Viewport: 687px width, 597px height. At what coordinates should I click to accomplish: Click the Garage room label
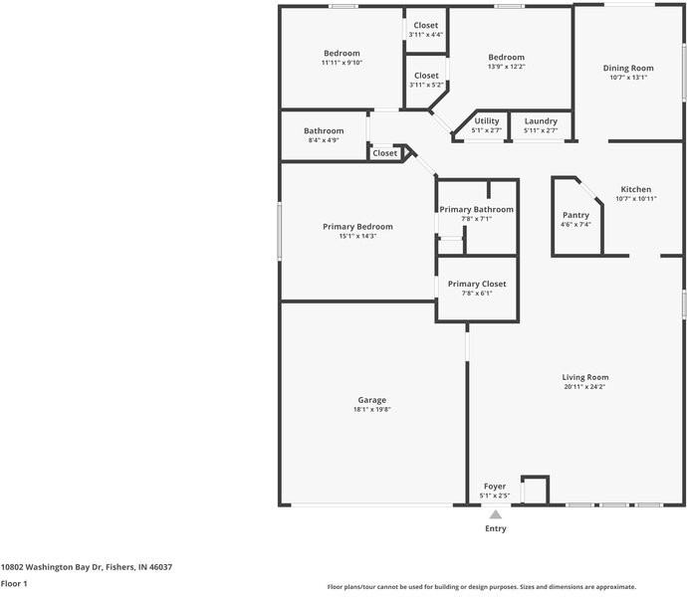point(372,400)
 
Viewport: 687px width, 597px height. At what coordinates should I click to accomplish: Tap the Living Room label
point(585,377)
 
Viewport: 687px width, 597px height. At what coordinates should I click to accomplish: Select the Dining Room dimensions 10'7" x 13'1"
point(628,78)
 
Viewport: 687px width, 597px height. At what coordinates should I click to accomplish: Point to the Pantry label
point(575,215)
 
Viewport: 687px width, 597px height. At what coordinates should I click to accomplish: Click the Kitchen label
point(636,189)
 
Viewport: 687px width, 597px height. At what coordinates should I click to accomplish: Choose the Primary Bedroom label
point(357,227)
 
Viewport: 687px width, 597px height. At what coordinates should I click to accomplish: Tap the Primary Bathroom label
point(476,209)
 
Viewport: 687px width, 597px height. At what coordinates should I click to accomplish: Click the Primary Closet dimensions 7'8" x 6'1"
point(477,294)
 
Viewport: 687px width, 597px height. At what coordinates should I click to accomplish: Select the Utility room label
point(486,120)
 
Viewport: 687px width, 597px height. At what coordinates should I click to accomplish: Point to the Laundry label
point(541,120)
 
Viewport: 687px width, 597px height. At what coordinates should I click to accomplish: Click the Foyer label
point(495,487)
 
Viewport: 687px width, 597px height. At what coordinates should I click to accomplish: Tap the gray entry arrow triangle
point(496,514)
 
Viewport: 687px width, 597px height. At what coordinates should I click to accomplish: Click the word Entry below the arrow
point(496,528)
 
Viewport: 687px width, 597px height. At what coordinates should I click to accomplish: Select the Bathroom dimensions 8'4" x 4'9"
point(324,140)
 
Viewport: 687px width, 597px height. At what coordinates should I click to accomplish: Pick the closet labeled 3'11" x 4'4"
point(426,35)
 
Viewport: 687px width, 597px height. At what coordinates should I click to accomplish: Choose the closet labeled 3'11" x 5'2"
point(426,85)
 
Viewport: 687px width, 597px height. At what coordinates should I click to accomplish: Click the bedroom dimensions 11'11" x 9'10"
point(342,63)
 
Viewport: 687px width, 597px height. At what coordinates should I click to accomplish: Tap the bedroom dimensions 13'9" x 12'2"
point(506,67)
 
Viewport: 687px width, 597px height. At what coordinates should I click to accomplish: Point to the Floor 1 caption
point(14,583)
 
